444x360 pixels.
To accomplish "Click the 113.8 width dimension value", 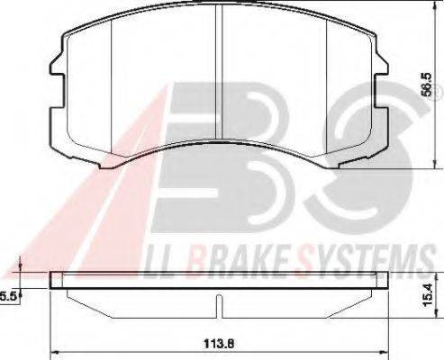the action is click(x=219, y=344).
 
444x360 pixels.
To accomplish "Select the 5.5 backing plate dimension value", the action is click(x=8, y=297).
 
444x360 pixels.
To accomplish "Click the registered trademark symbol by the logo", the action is click(x=439, y=88).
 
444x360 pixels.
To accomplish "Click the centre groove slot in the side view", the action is click(x=219, y=306).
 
